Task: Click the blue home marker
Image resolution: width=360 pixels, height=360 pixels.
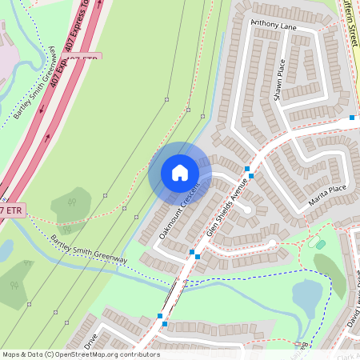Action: pos(180,173)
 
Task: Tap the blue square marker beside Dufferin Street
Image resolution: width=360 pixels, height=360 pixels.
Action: pos(352,118)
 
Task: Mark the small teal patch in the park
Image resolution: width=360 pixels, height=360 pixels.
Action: pos(321,244)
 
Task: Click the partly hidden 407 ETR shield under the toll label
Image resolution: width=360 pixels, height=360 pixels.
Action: pos(83,58)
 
